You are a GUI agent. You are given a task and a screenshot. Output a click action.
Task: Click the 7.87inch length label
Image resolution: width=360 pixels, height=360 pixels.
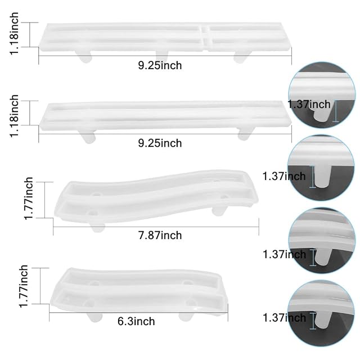coord(160,235)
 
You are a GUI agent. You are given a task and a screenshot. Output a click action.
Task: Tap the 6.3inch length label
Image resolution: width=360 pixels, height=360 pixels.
coord(136,321)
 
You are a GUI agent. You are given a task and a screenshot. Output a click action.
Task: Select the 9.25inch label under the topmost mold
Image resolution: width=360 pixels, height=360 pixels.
coord(160,65)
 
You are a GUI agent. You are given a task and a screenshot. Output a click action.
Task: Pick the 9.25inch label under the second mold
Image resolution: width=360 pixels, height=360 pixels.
coord(160,143)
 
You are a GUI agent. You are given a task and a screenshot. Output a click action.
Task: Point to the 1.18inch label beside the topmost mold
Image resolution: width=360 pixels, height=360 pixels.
coord(13,34)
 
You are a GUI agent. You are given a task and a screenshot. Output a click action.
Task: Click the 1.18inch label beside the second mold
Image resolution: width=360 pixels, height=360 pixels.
coord(13,116)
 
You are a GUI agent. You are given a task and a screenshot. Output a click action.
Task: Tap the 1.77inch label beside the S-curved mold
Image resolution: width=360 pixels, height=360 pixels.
coord(29,199)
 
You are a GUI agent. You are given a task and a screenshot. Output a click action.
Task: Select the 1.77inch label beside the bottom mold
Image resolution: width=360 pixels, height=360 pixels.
coord(24,286)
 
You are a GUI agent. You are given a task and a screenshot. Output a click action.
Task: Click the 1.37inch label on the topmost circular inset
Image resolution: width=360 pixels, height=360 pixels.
coord(309,105)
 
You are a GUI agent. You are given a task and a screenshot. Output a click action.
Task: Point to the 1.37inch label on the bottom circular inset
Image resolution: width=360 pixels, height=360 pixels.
coord(284,318)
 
